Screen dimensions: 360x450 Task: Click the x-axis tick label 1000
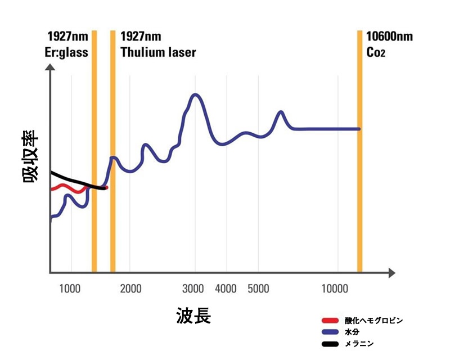[69, 289]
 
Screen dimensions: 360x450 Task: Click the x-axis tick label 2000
[130, 289]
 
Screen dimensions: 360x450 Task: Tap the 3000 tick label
[193, 289]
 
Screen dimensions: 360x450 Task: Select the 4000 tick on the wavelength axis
[226, 289]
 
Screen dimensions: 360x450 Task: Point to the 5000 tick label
[259, 289]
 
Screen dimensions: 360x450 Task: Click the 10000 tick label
[337, 289]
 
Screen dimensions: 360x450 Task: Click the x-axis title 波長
[193, 316]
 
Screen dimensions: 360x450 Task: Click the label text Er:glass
[67, 53]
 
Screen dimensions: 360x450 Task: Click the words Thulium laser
[159, 53]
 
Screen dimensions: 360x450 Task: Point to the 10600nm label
[389, 37]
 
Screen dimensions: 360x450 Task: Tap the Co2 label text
[378, 53]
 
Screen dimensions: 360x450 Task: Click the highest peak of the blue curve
[196, 94]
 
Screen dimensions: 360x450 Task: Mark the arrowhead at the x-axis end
[390, 273]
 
